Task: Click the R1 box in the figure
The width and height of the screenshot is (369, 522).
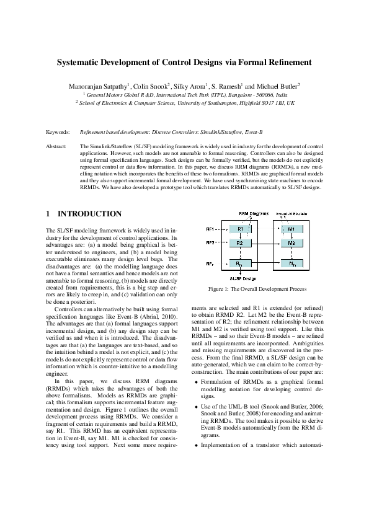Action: tap(239, 229)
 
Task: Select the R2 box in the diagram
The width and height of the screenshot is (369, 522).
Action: tap(239, 243)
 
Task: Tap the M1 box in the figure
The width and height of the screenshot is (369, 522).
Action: tap(291, 229)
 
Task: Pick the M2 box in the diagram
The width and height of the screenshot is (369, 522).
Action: tap(291, 243)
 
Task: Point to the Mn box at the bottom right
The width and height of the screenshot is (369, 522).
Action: tap(291, 265)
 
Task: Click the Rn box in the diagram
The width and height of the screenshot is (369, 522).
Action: tap(239, 265)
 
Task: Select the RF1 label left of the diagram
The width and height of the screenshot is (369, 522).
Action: tap(210, 229)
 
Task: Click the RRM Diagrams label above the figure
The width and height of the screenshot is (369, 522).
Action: tap(251, 213)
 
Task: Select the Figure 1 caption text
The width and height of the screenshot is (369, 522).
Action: tap(257, 290)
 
